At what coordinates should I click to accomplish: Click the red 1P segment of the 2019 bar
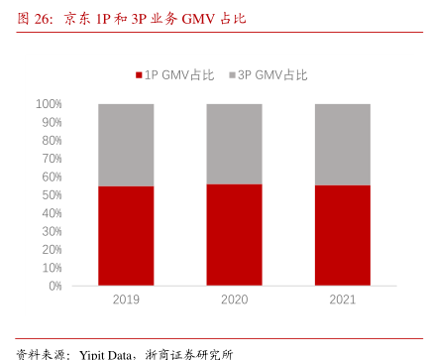(x=126, y=235)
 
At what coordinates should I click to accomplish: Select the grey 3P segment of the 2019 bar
(x=126, y=145)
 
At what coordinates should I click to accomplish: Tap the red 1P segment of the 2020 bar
(x=234, y=234)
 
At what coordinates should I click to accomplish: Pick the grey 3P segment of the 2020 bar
(x=234, y=144)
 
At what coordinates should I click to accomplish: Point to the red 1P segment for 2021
(x=342, y=235)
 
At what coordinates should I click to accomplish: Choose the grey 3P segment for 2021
(x=342, y=145)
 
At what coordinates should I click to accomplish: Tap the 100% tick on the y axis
(x=49, y=104)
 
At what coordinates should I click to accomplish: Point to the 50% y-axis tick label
(x=52, y=194)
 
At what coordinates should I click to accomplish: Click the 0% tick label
(x=54, y=286)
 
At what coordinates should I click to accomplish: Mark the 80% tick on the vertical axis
(x=52, y=140)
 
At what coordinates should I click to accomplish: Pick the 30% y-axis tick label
(x=52, y=231)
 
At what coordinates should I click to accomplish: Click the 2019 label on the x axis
(x=126, y=300)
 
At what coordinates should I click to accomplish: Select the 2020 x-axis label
(x=234, y=300)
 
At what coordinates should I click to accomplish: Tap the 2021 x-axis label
(x=342, y=300)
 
